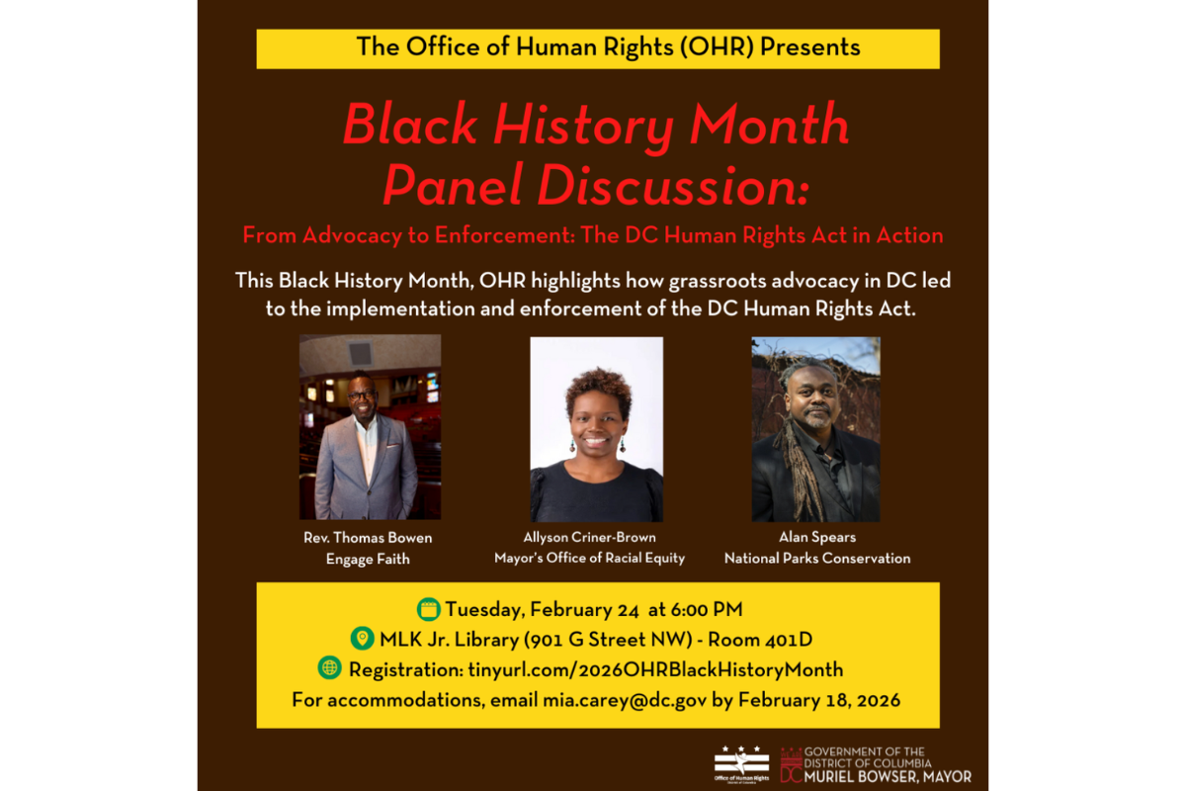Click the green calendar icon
[429, 609]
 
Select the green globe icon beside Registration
[329, 668]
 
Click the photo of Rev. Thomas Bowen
[370, 427]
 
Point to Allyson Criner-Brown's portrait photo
[596, 429]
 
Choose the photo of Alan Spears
[815, 429]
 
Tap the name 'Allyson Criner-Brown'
[590, 538]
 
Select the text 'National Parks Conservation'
[817, 558]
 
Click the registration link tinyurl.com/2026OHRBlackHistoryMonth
[655, 669]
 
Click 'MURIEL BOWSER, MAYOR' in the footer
[888, 776]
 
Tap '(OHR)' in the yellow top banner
[684, 46]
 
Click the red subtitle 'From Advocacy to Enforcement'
[414, 236]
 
